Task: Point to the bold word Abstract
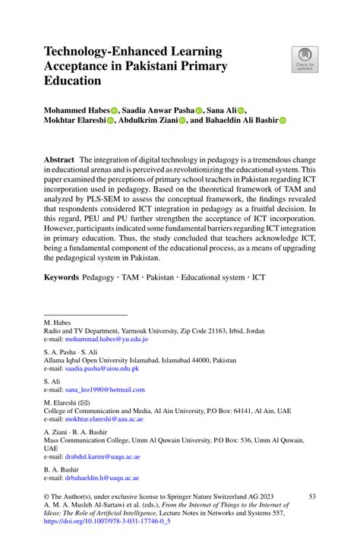(58, 161)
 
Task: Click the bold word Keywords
(61, 279)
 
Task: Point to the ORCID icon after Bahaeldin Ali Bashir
(282, 119)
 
